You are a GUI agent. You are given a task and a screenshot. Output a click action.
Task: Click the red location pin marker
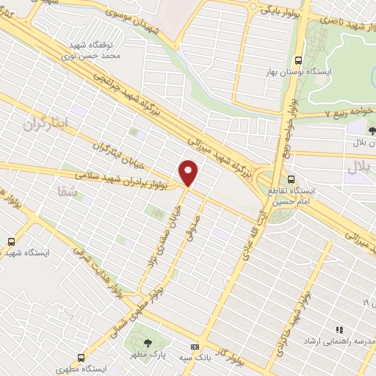click(189, 173)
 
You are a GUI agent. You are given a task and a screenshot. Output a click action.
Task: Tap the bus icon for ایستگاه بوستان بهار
click(297, 61)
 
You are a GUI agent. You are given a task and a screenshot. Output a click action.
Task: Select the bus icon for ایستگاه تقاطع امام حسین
click(292, 178)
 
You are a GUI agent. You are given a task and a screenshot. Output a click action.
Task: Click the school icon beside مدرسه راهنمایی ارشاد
click(339, 331)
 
